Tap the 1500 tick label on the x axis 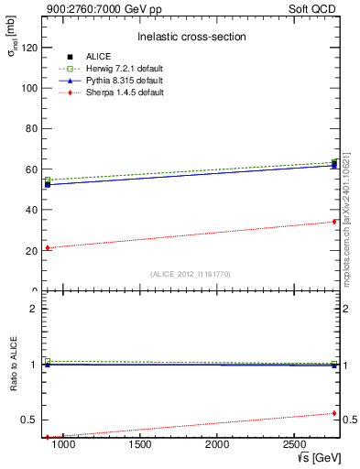pos(139,444)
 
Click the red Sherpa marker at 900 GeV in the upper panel pos(48,247)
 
